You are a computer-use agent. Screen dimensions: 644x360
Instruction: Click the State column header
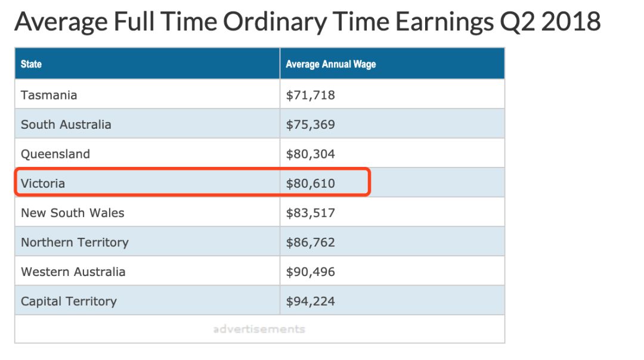[x=31, y=64]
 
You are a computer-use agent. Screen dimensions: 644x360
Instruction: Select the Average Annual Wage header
[x=330, y=64]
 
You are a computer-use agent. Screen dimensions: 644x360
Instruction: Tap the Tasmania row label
[x=49, y=95]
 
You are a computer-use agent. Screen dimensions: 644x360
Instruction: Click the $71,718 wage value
[x=311, y=95]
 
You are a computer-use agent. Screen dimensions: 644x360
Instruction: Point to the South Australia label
[x=66, y=125]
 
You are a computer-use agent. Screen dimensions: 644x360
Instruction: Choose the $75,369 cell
[x=311, y=125]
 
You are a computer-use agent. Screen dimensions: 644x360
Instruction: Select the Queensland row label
[x=55, y=154]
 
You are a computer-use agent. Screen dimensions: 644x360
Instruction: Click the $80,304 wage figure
[x=311, y=154]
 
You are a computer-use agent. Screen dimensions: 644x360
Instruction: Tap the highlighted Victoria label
[x=43, y=184]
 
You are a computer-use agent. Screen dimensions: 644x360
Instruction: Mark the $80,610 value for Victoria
[x=311, y=184]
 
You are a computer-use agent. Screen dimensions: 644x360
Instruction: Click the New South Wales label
[x=73, y=213]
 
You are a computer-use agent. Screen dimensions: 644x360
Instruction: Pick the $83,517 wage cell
[x=311, y=213]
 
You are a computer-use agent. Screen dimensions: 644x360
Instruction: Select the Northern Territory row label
[x=75, y=243]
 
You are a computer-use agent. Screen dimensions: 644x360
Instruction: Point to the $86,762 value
[x=311, y=243]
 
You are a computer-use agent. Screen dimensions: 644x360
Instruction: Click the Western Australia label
[x=73, y=272]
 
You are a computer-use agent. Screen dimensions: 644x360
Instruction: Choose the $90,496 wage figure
[x=311, y=272]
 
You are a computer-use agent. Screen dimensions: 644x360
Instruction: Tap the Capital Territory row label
[x=69, y=302]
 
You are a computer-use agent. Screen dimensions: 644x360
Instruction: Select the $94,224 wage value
[x=311, y=302]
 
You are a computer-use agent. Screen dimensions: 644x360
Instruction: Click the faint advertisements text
[x=259, y=329]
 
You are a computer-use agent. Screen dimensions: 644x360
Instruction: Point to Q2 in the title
[x=517, y=23]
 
